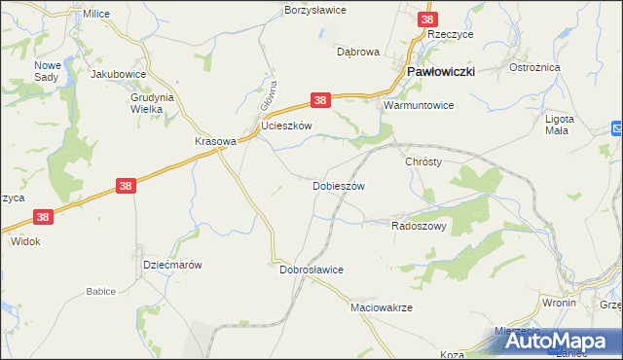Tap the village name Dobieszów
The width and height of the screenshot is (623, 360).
pos(338,185)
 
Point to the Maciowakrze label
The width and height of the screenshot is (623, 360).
pos(382,306)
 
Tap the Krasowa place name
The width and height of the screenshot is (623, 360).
pos(215,140)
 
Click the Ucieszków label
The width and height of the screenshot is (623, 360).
pos(286,126)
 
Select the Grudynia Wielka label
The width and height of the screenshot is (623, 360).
pos(151,103)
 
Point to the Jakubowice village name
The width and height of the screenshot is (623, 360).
pos(118,73)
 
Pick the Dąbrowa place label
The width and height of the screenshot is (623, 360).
pos(357,52)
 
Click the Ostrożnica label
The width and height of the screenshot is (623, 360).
pos(532,68)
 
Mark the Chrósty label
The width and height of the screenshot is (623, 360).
pos(423,162)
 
